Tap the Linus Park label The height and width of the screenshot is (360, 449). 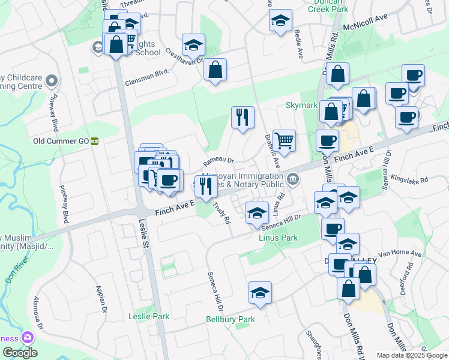(278, 238)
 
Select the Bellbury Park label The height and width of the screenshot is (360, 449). (231, 319)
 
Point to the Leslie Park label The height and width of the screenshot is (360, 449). (149, 316)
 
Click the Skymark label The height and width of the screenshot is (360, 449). (301, 105)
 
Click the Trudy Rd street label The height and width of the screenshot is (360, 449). (221, 213)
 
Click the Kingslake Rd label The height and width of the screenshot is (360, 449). (409, 179)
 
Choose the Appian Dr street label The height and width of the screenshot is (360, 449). (100, 298)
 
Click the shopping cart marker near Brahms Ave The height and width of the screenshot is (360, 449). (284, 141)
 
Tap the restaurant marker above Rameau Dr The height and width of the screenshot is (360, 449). (243, 117)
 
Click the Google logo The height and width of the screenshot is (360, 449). (19, 353)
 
